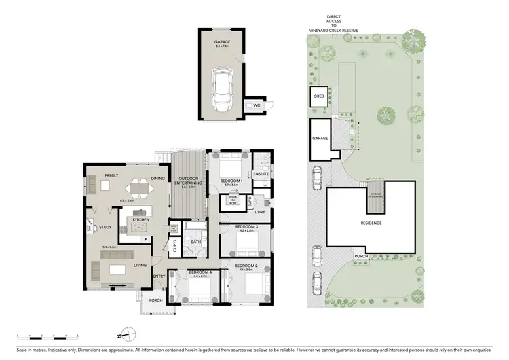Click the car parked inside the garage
click(x=222, y=92)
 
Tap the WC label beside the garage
click(x=257, y=106)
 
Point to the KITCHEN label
click(x=140, y=220)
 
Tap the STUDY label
click(x=105, y=227)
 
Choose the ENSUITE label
click(x=261, y=174)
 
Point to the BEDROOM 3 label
click(x=246, y=226)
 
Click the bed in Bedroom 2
click(x=246, y=285)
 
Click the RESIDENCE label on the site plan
click(x=371, y=223)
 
